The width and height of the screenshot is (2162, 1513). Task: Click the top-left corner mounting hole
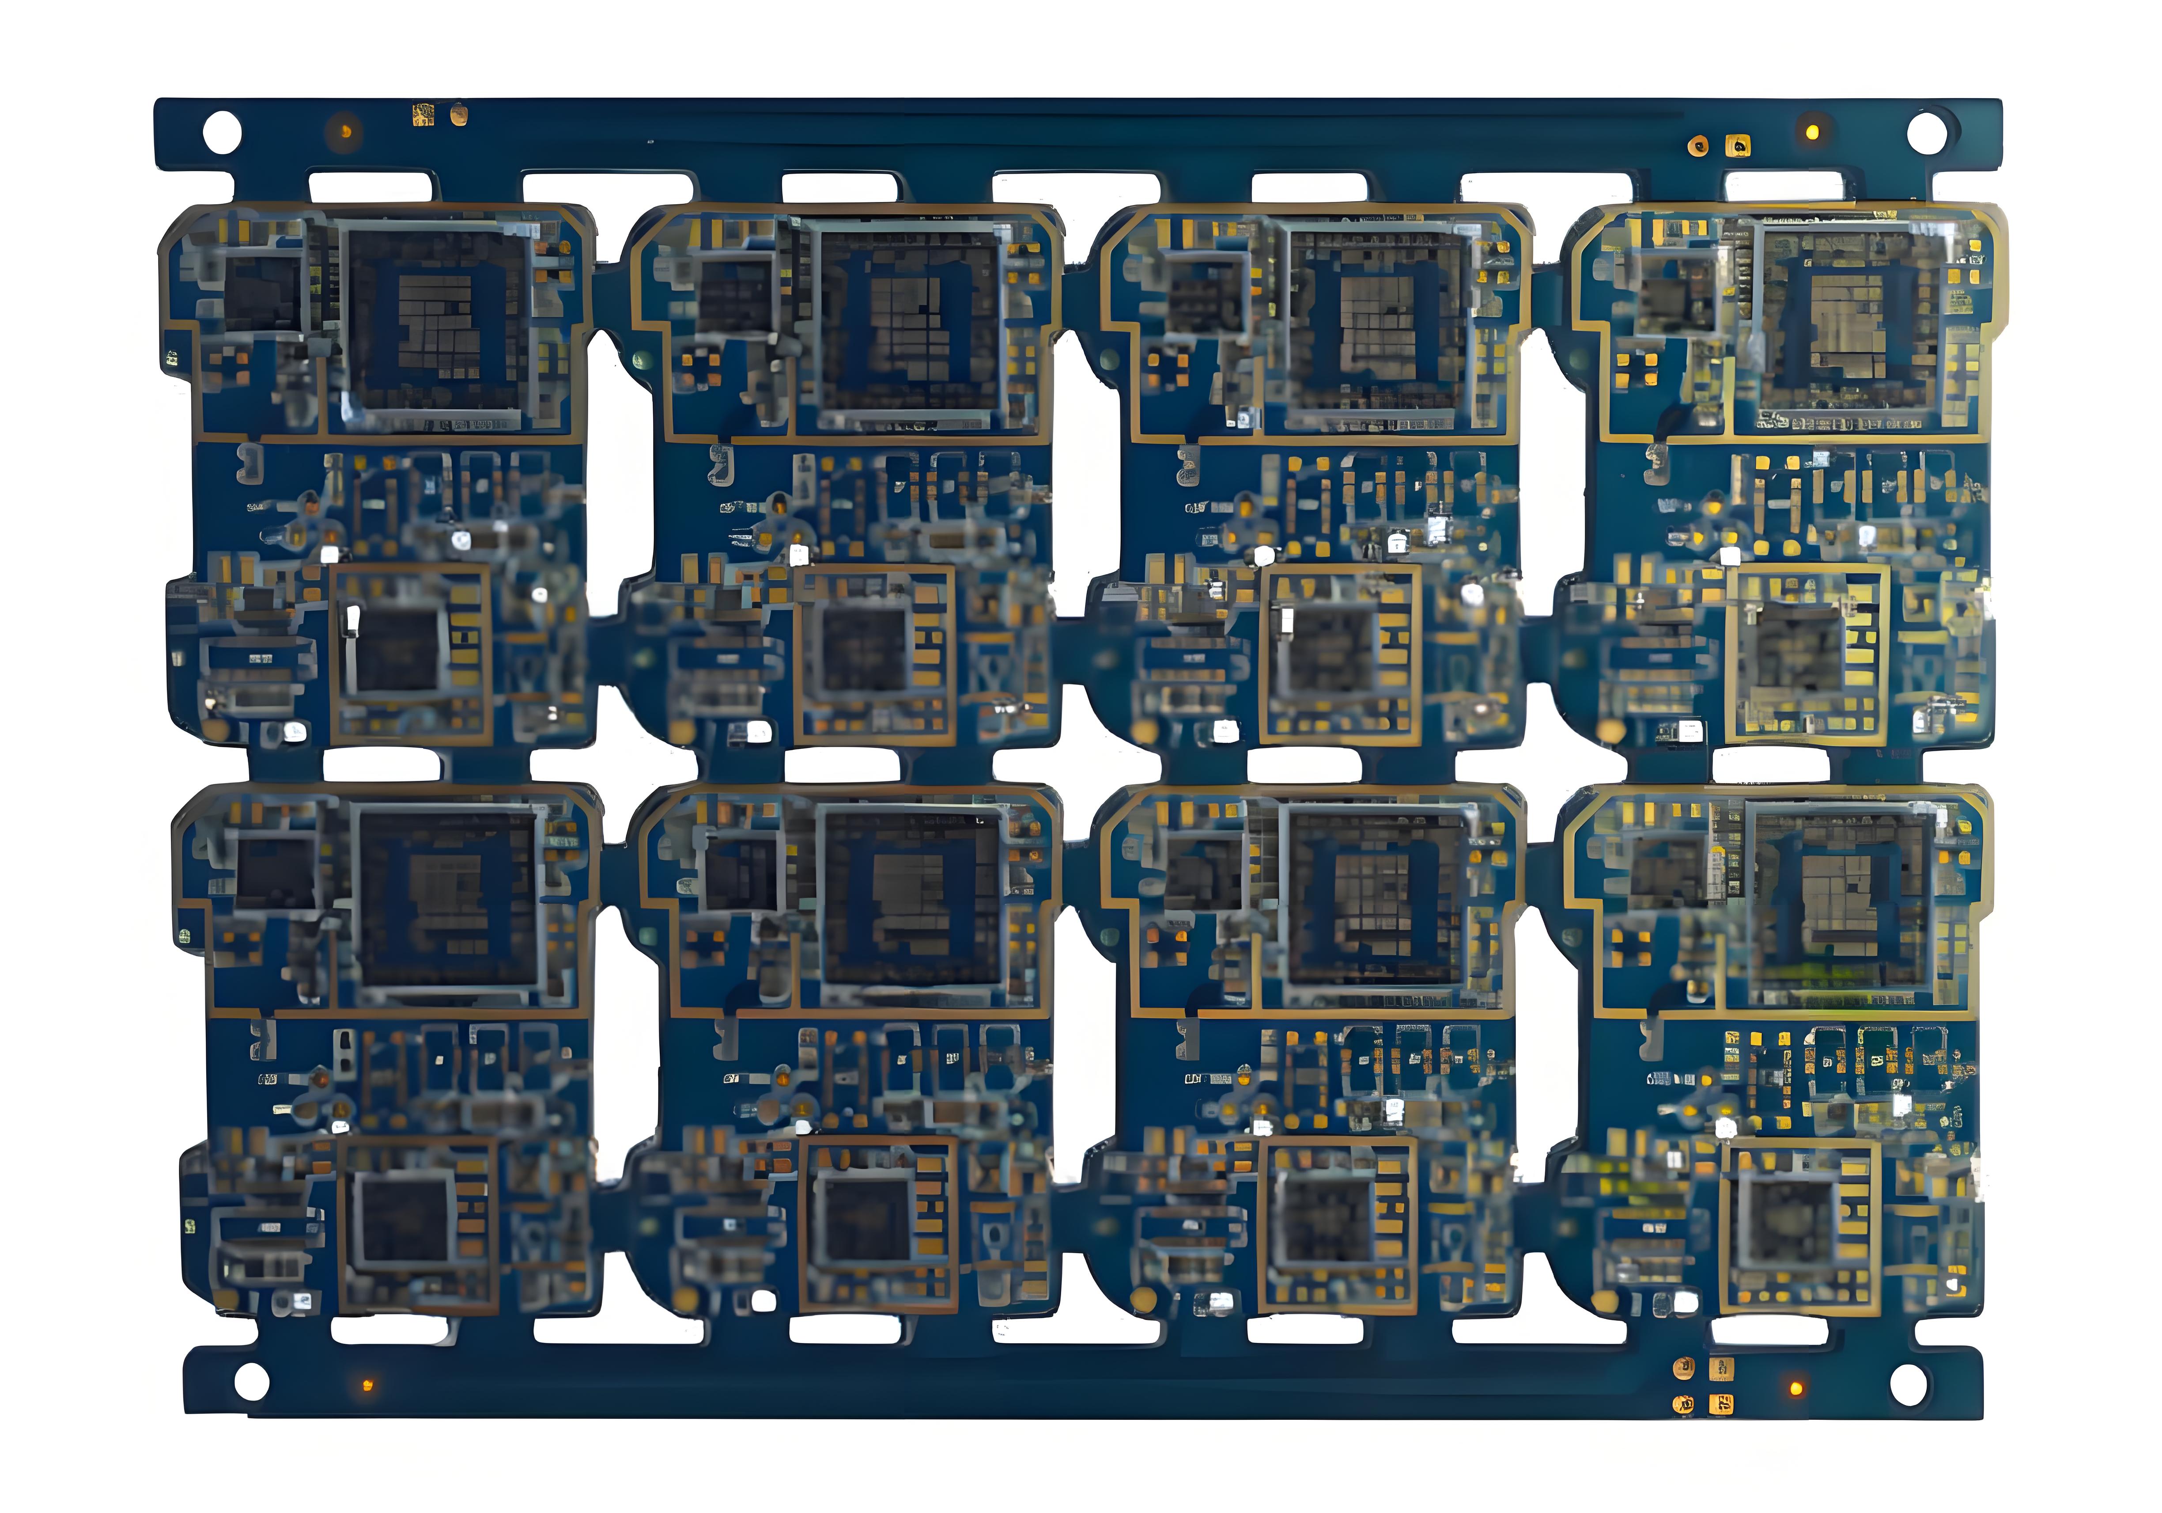222,132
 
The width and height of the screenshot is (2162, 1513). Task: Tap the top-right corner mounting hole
1927,132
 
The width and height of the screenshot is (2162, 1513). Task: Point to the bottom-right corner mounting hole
1908,1383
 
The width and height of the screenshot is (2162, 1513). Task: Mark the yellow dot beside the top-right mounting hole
1811,131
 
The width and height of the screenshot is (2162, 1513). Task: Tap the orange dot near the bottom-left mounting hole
367,1385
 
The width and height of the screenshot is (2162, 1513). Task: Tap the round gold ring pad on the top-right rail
1698,146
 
